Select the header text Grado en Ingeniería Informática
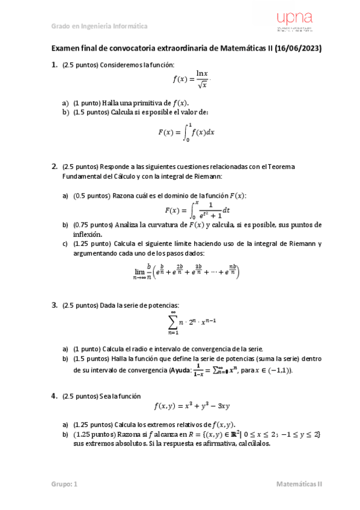99,26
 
